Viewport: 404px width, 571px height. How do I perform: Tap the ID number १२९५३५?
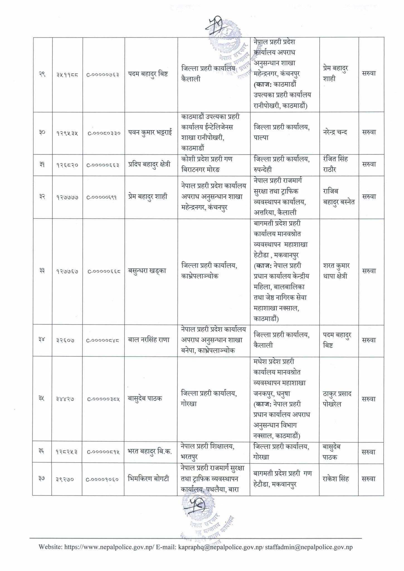tap(67, 133)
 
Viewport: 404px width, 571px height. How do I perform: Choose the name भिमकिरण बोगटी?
tap(148, 479)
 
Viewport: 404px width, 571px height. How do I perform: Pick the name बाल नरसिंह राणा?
tap(149, 340)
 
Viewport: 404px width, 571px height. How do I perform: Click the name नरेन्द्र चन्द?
tap(335, 132)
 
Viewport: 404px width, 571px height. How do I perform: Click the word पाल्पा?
tap(261, 138)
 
